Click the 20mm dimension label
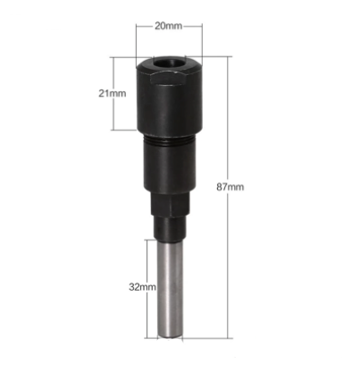click(167, 26)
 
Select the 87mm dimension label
click(254, 188)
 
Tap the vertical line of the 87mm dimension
click(230, 134)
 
